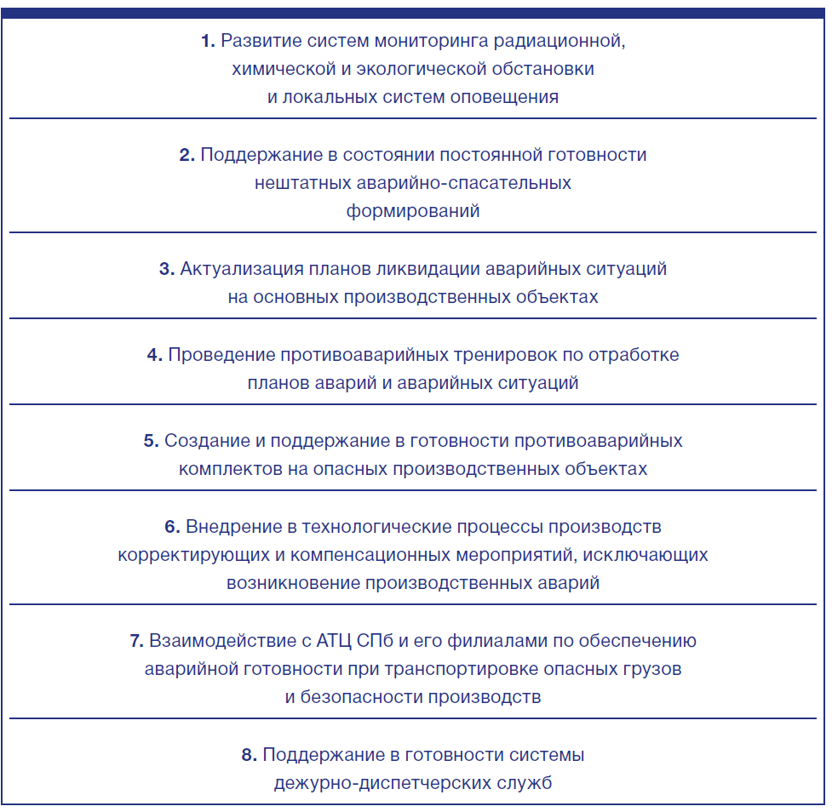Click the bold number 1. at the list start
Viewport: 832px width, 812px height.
pos(208,41)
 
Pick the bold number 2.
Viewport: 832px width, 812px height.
pos(187,155)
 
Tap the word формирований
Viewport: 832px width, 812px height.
pos(413,211)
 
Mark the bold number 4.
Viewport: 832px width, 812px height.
pos(154,355)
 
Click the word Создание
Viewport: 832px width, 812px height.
pos(202,441)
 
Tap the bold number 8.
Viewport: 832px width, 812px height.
pos(249,755)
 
